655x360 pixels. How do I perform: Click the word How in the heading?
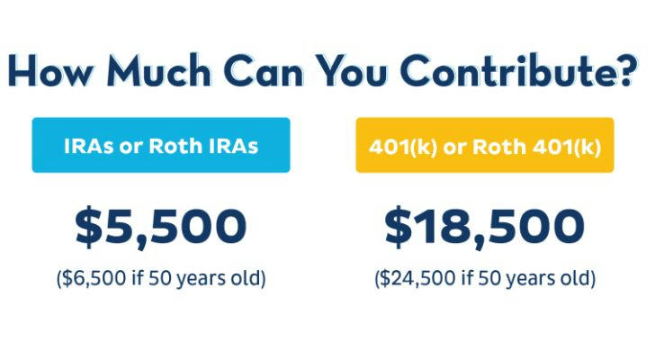tap(49, 71)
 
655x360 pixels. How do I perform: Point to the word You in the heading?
tap(350, 72)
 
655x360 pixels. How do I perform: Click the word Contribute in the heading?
tap(508, 71)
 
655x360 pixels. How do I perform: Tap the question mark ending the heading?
tap(625, 71)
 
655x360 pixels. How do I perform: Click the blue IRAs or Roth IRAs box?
tap(161, 145)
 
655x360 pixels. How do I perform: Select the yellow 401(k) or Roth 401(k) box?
tap(485, 145)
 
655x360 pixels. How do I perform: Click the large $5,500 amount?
tap(161, 226)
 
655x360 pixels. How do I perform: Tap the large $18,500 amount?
tap(484, 226)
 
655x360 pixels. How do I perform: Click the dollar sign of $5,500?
tap(88, 227)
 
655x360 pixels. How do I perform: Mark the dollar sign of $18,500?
tap(398, 227)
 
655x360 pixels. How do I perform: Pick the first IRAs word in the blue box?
tap(88, 146)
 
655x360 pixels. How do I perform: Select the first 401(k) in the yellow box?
tap(403, 147)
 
